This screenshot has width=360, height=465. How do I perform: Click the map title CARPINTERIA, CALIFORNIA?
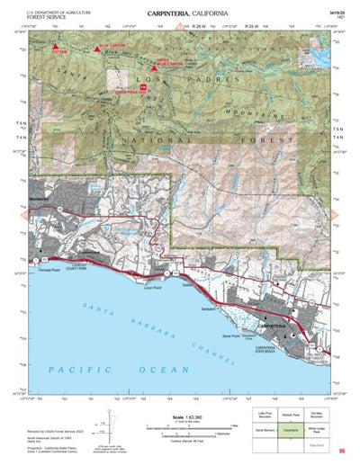coord(181,13)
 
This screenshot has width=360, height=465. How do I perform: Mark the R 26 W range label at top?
coord(199,29)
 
